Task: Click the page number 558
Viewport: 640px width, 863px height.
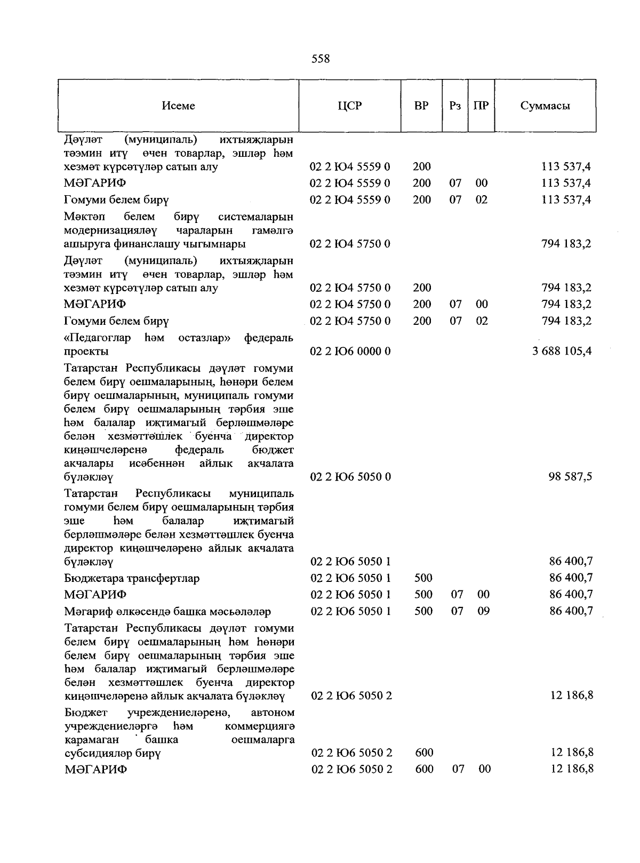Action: [320, 59]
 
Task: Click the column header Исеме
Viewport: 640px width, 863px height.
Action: [178, 106]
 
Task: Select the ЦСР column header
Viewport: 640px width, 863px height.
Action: [349, 106]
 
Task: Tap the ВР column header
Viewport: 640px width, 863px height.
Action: [421, 106]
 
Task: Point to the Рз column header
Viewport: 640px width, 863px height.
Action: [454, 106]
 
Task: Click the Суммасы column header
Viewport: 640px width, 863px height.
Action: [545, 106]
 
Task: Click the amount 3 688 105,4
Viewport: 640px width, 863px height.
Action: [562, 351]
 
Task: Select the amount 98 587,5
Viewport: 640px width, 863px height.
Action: [570, 476]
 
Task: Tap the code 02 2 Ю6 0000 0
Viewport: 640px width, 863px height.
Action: [350, 351]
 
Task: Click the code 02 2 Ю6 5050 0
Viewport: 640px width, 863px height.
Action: [350, 476]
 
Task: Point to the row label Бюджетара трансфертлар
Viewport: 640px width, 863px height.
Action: [132, 578]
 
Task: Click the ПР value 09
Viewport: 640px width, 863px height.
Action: [483, 611]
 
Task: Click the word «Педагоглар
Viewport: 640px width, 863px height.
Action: [97, 338]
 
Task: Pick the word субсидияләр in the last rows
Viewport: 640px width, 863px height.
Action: [91, 753]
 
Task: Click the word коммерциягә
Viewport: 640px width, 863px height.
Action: [260, 726]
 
